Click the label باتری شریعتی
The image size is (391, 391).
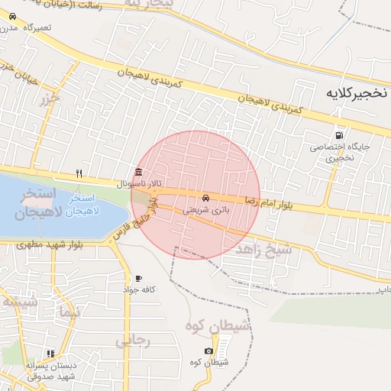pyautogui.click(x=205, y=209)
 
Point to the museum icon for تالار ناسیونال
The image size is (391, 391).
pyautogui.click(x=137, y=172)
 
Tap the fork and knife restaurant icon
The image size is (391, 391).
pyautogui.click(x=79, y=174)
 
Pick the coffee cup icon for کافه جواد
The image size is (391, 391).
pyautogui.click(x=138, y=278)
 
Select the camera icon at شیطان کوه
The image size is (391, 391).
pyautogui.click(x=208, y=351)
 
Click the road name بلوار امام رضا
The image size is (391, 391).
pyautogui.click(x=269, y=202)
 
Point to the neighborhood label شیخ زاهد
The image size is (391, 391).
pyautogui.click(x=263, y=250)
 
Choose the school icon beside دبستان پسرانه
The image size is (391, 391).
pyautogui.click(x=50, y=354)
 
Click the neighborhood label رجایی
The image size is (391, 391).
pyautogui.click(x=133, y=341)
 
